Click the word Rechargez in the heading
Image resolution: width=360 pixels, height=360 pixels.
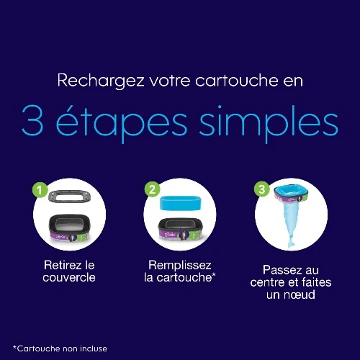pyautogui.click(x=101, y=81)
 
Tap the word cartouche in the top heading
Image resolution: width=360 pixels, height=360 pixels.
pyautogui.click(x=236, y=81)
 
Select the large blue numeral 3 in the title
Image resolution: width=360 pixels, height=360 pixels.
pyautogui.click(x=32, y=120)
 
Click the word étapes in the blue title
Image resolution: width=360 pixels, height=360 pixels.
pyautogui.click(x=122, y=122)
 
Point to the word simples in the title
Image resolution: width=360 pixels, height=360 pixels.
pyautogui.click(x=269, y=124)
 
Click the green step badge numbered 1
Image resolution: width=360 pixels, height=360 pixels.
pyautogui.click(x=40, y=190)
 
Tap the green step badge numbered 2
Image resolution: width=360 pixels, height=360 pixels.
pyautogui.click(x=152, y=189)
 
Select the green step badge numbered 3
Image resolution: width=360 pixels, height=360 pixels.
pyautogui.click(x=262, y=189)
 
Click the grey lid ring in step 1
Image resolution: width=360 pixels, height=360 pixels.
pyautogui.click(x=70, y=196)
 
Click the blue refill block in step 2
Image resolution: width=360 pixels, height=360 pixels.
pyautogui.click(x=181, y=203)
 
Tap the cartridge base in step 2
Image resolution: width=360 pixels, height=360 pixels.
pyautogui.click(x=181, y=230)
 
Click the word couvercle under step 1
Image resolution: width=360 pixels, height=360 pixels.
pyautogui.click(x=69, y=278)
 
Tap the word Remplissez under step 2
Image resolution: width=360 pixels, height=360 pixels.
pyautogui.click(x=180, y=266)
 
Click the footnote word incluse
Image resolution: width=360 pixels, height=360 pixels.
pyautogui.click(x=94, y=348)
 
